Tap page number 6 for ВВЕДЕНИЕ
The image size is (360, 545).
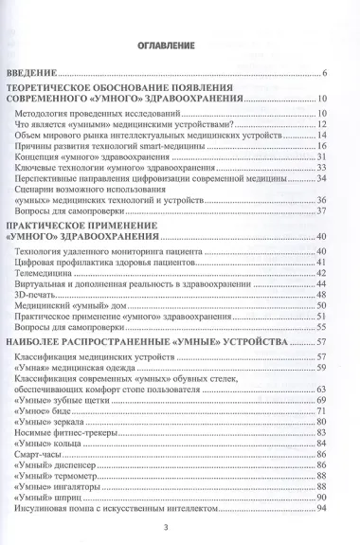[x=324, y=74]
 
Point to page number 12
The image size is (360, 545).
[x=322, y=123]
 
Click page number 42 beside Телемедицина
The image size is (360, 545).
[x=322, y=272]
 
